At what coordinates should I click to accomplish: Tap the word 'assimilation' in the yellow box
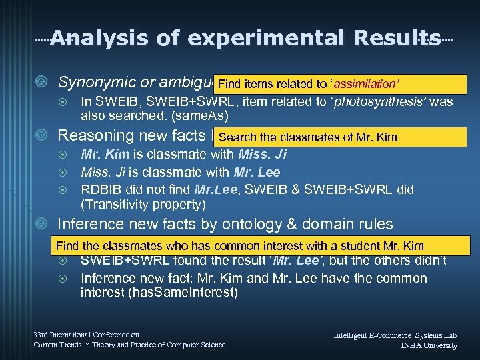(x=366, y=84)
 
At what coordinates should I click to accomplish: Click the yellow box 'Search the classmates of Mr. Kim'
(x=307, y=137)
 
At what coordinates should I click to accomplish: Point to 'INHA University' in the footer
(x=429, y=345)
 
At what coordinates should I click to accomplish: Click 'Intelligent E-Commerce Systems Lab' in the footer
(x=395, y=335)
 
